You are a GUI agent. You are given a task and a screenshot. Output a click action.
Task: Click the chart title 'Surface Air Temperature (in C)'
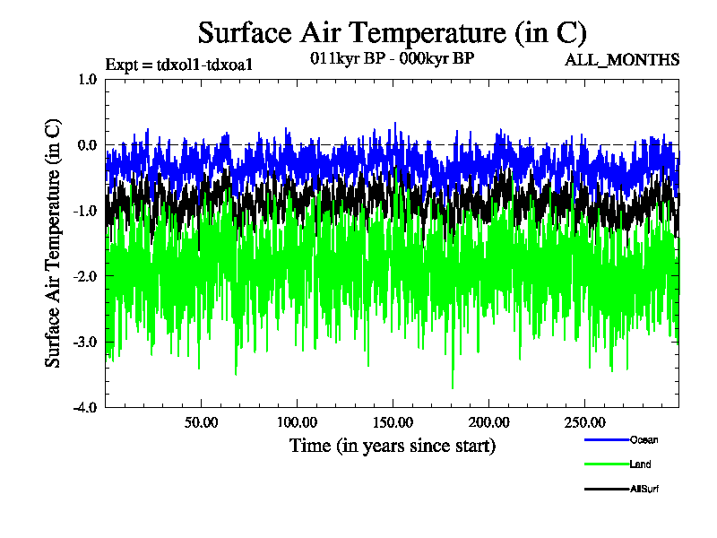click(x=392, y=33)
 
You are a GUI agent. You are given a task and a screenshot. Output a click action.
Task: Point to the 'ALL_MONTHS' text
click(x=621, y=60)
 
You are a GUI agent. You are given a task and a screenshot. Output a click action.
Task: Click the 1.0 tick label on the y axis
click(x=87, y=79)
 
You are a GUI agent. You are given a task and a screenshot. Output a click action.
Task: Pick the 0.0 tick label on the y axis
click(x=87, y=144)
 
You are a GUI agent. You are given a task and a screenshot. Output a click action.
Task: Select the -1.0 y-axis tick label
click(x=85, y=210)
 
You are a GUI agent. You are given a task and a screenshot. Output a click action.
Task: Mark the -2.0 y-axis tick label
click(x=85, y=276)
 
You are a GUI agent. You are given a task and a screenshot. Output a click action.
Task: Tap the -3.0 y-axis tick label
click(x=85, y=342)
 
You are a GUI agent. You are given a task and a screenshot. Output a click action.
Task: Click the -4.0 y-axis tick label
click(x=85, y=407)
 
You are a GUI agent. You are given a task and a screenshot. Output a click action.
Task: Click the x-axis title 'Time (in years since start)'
click(x=392, y=445)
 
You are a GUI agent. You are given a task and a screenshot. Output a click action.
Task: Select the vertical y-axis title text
click(x=54, y=243)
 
